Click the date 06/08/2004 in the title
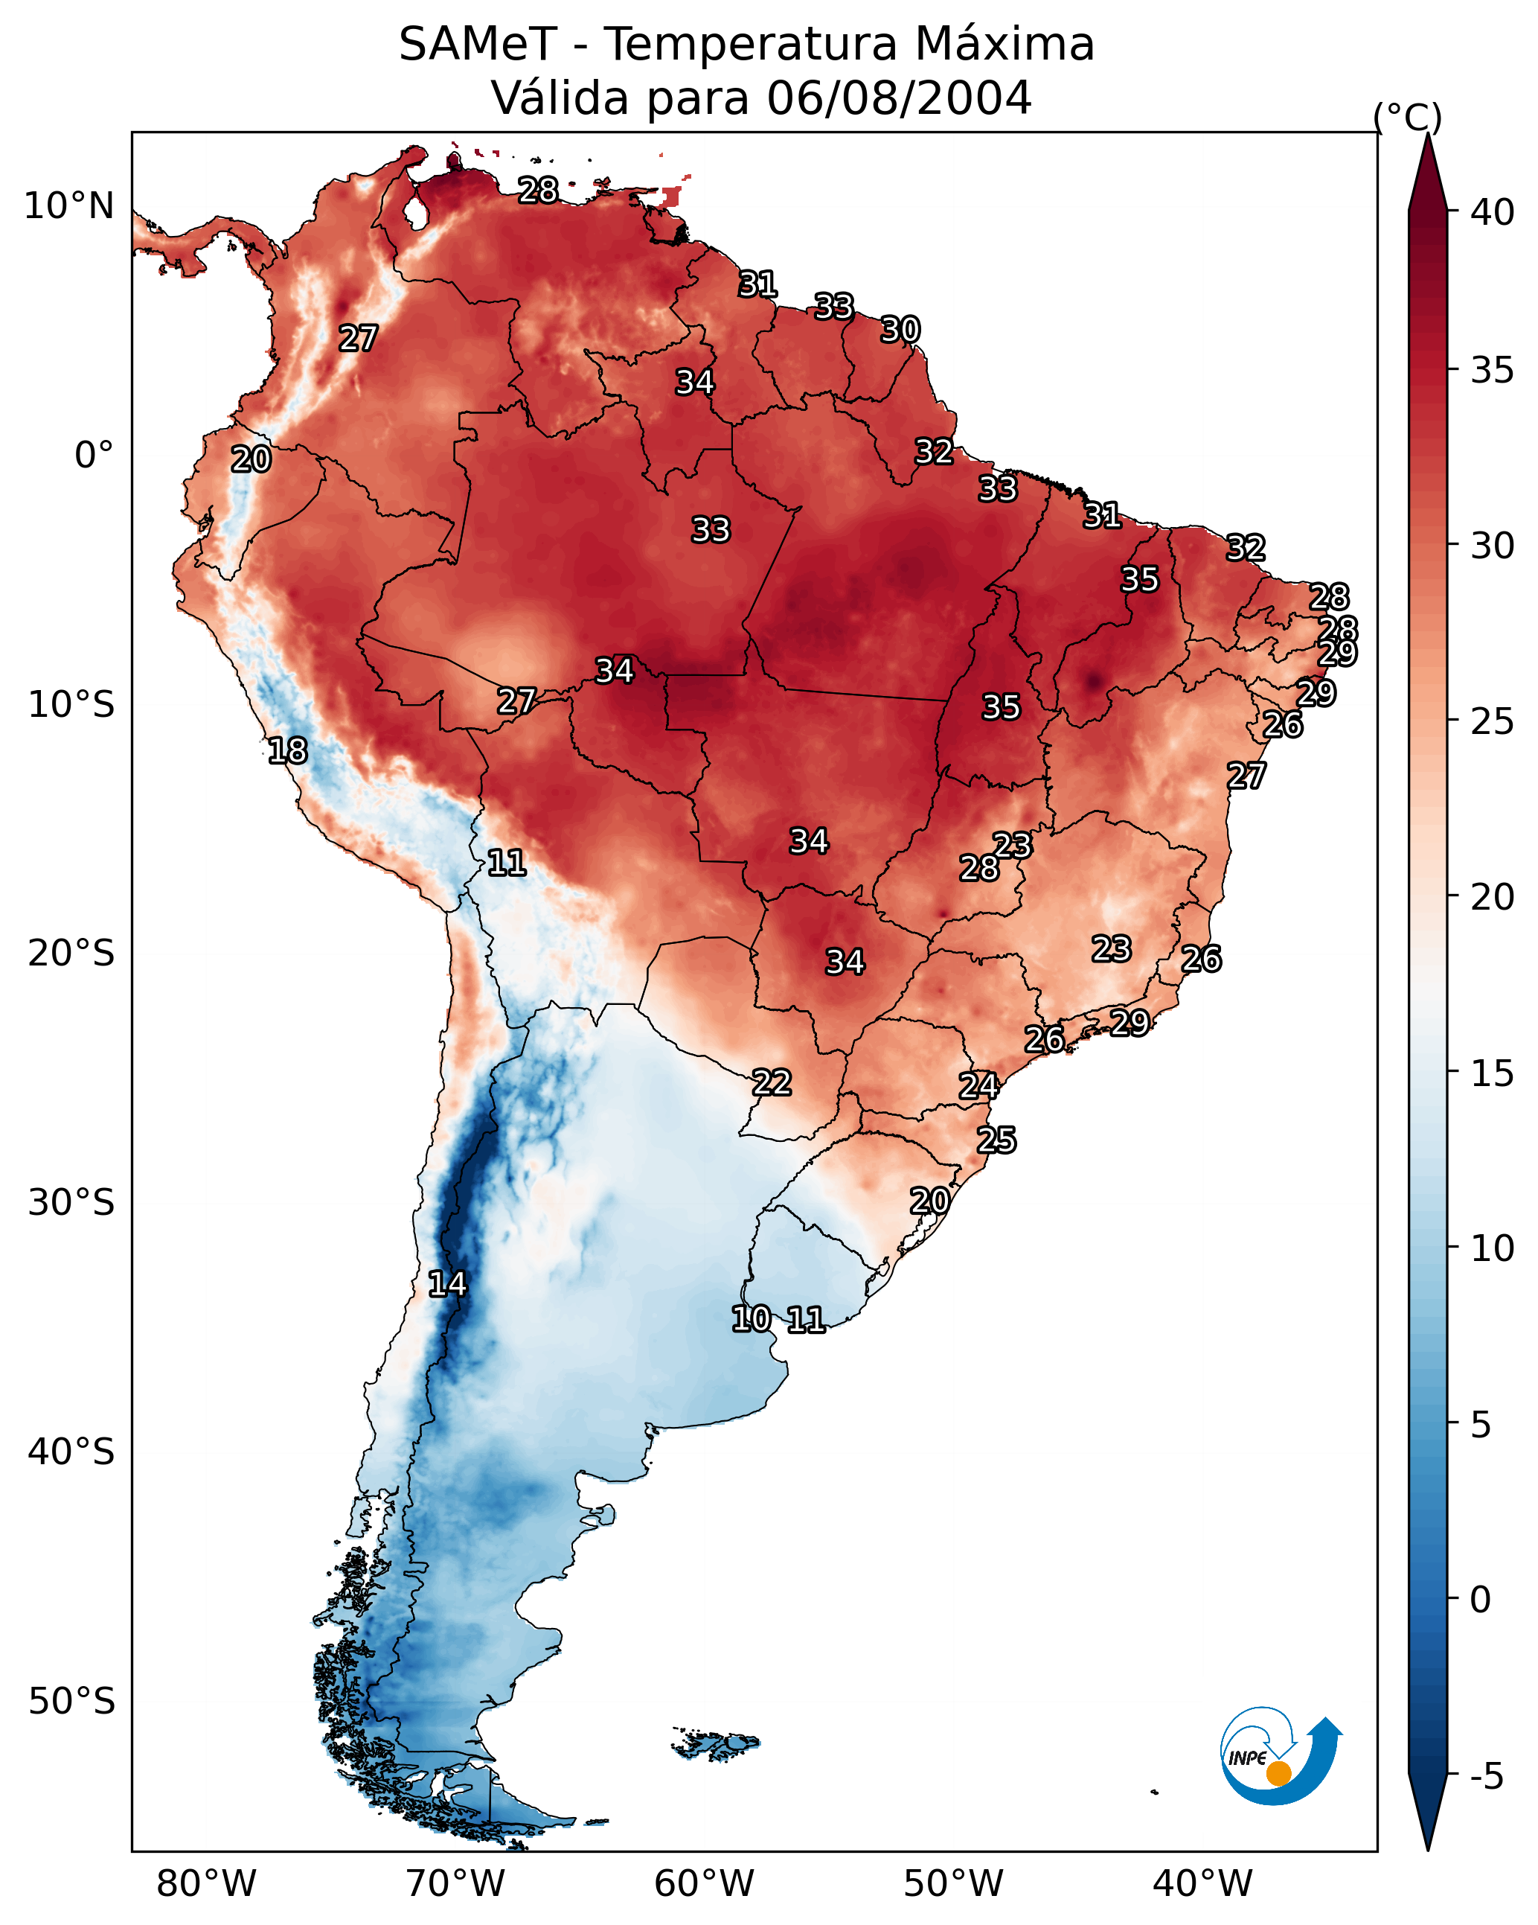pyautogui.click(x=899, y=98)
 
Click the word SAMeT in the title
pyautogui.click(x=478, y=44)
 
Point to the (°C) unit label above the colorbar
pyautogui.click(x=1407, y=117)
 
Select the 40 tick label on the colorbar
pyautogui.click(x=1493, y=212)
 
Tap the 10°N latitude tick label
pyautogui.click(x=70, y=206)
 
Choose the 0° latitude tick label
pyautogui.click(x=94, y=456)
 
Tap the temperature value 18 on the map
pyautogui.click(x=287, y=751)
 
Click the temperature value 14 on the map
pyautogui.click(x=447, y=1284)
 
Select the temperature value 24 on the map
pyautogui.click(x=978, y=1086)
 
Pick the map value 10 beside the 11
pyautogui.click(x=752, y=1319)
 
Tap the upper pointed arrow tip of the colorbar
pyautogui.click(x=1427, y=134)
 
